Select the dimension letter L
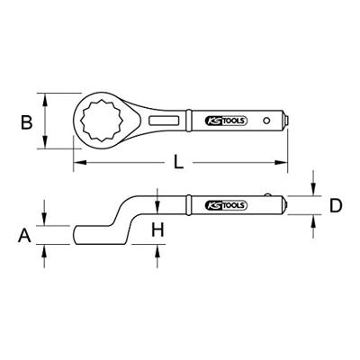tap(178, 162)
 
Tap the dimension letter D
tap(336, 206)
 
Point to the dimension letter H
tap(157, 230)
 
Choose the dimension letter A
tap(24, 235)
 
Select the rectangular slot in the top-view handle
tap(166, 120)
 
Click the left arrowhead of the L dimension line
tap(76, 162)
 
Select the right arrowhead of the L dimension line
tap(284, 162)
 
